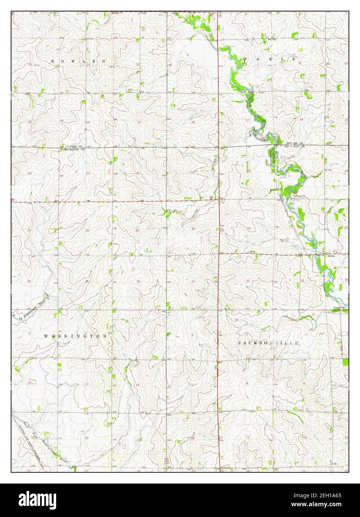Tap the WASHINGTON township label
(x=75, y=336)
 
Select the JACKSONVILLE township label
(x=268, y=343)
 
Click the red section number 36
(x=138, y=281)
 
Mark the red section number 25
(x=137, y=231)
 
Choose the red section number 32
(x=248, y=281)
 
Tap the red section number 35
(x=87, y=281)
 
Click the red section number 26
(x=87, y=231)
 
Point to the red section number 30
(x=193, y=229)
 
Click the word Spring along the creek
(x=194, y=213)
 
